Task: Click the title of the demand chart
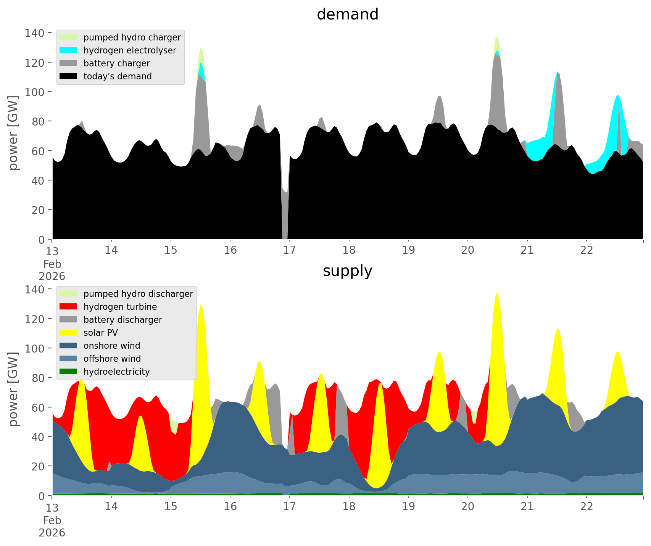tap(347, 14)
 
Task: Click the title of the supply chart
tap(347, 271)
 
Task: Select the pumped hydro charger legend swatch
tap(68, 37)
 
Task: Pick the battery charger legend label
tap(116, 63)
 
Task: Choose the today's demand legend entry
tap(118, 76)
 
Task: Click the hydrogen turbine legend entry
tap(120, 307)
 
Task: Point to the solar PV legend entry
tap(101, 333)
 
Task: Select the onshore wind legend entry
tap(112, 346)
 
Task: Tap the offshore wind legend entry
tap(112, 359)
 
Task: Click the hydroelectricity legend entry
tap(116, 372)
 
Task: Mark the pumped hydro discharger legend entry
tap(138, 294)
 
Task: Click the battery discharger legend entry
tap(122, 320)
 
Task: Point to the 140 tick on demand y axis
tap(35, 33)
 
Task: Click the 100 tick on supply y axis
tap(35, 348)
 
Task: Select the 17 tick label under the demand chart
tap(290, 250)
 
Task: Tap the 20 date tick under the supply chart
tap(468, 507)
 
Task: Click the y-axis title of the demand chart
tap(14, 133)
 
